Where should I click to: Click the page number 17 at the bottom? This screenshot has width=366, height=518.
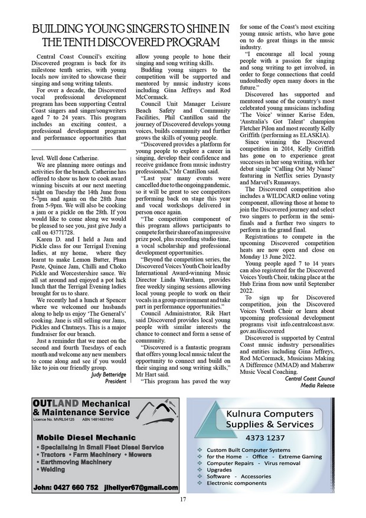[183, 500]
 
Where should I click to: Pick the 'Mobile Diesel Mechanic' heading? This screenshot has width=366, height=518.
[74, 438]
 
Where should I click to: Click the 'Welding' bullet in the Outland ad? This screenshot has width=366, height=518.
[52, 469]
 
